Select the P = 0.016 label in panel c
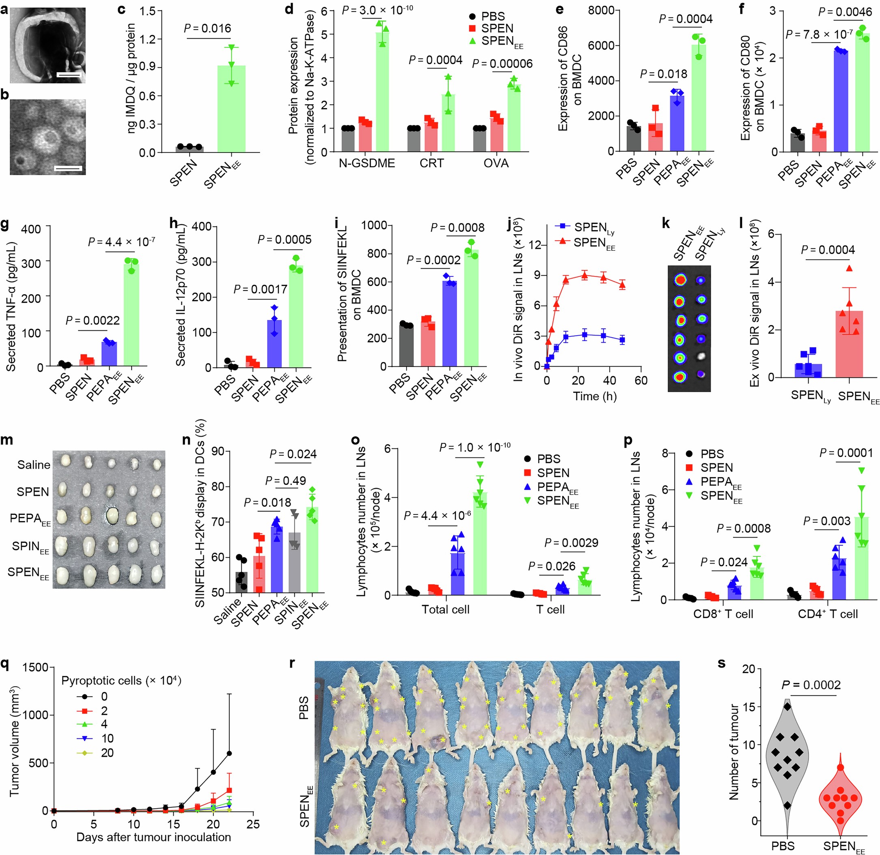(207, 28)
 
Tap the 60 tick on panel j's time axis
(641, 380)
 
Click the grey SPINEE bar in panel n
(294, 563)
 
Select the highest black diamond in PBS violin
(787, 706)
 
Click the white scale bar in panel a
(69, 75)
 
